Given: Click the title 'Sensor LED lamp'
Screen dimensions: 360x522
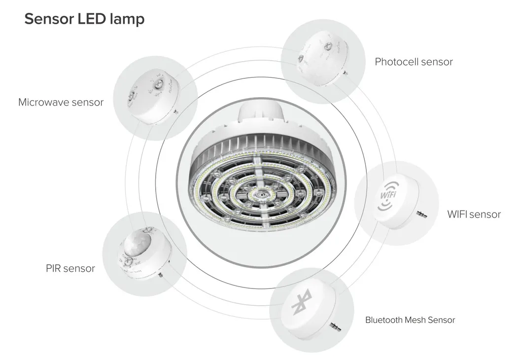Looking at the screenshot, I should tap(84, 19).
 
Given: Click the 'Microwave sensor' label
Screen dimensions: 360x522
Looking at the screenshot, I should tap(61, 103).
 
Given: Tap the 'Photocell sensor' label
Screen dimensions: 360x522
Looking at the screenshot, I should tap(414, 62).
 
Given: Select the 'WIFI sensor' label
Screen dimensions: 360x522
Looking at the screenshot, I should tap(474, 215).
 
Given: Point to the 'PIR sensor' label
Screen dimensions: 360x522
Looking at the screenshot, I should tap(70, 269).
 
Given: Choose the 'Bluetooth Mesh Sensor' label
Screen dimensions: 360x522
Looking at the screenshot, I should tap(410, 320).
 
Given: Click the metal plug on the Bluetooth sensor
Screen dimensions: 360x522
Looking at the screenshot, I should tap(335, 326).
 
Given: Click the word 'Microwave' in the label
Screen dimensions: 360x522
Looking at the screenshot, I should tap(43, 103).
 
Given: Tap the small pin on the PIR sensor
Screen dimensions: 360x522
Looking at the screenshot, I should tap(161, 275).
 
